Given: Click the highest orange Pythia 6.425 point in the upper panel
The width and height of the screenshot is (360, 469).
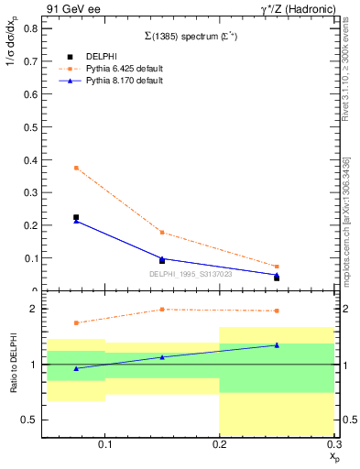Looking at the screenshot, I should pos(76,168).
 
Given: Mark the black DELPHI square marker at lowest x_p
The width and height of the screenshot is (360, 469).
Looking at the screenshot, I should pos(76,217).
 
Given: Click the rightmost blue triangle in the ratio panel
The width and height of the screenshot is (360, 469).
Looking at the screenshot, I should pos(277,345).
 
